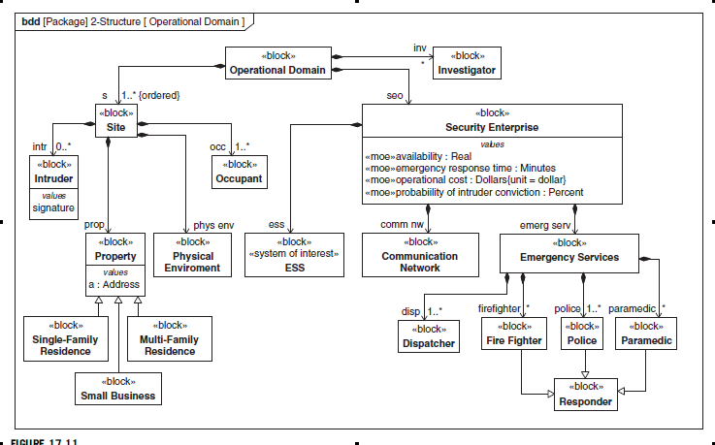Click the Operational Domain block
point(276,64)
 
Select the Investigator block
point(467,64)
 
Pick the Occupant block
point(238,173)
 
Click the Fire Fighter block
point(513,334)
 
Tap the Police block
point(582,334)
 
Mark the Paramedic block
point(646,334)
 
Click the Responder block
point(586,394)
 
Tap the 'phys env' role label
point(213,225)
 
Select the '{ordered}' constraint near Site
point(160,95)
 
